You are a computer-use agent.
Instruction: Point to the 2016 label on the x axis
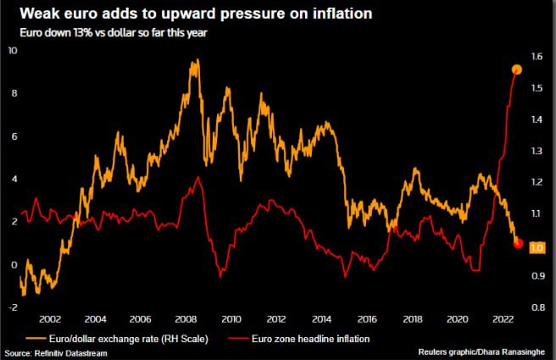[367, 319]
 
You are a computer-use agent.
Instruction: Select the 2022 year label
[503, 319]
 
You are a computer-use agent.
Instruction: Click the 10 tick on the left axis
[12, 51]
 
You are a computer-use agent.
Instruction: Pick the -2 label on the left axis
[11, 307]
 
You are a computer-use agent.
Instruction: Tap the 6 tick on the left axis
[12, 136]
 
